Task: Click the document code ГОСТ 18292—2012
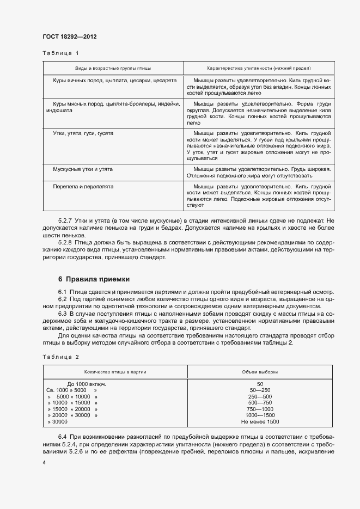point(69,36)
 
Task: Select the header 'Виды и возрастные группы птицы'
point(113,69)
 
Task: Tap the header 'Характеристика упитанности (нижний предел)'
point(259,69)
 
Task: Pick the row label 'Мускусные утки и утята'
point(75,169)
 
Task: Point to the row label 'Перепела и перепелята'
point(75,186)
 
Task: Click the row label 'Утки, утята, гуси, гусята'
point(80,133)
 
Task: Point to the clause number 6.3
point(62,315)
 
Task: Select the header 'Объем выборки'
point(260,372)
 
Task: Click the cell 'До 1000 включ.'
point(87,384)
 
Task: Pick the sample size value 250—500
point(260,396)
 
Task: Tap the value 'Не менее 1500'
point(260,422)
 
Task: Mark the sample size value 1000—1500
point(260,415)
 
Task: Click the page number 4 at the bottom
point(44,462)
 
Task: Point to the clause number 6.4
point(62,438)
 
